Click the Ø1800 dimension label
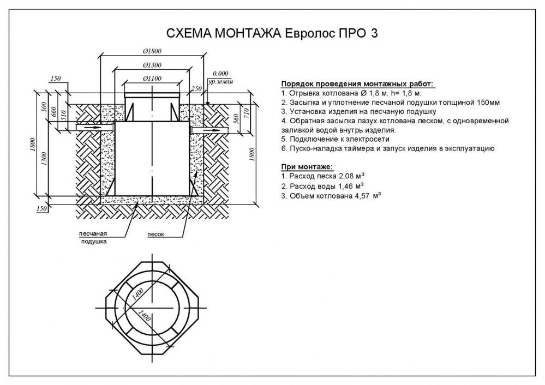pyautogui.click(x=152, y=51)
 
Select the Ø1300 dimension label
pyautogui.click(x=152, y=65)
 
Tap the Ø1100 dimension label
pyautogui.click(x=152, y=79)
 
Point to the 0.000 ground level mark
pyautogui.click(x=220, y=73)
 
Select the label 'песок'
pyautogui.click(x=155, y=234)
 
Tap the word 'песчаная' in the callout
pyautogui.click(x=93, y=233)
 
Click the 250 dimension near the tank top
pyautogui.click(x=197, y=89)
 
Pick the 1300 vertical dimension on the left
pyautogui.click(x=44, y=159)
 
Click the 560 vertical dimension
pyautogui.click(x=236, y=118)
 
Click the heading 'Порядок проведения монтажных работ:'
pyautogui.click(x=357, y=84)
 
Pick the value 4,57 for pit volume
pyautogui.click(x=362, y=196)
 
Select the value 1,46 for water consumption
pyautogui.click(x=345, y=187)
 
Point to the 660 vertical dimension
pyautogui.click(x=54, y=111)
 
